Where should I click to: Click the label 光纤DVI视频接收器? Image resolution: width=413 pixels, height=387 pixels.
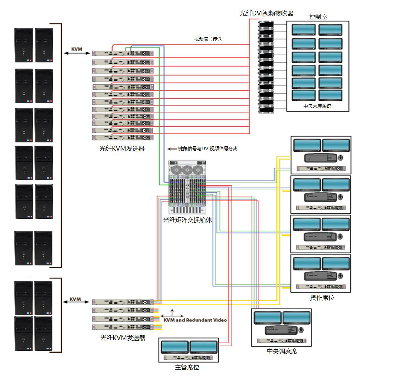[x=266, y=14]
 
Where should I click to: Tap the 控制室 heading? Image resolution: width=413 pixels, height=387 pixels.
[x=318, y=17]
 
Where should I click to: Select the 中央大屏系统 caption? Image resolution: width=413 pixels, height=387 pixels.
[x=317, y=106]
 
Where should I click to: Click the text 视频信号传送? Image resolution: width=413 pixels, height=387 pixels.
[x=208, y=39]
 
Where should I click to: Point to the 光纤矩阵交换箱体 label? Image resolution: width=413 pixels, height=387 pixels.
[x=187, y=220]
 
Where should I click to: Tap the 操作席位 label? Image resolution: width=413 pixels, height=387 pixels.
[x=322, y=298]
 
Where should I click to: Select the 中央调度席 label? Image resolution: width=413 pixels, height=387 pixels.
[x=282, y=351]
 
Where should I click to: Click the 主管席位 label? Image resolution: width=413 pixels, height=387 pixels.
[x=187, y=368]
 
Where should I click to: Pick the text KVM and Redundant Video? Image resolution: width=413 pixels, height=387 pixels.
[x=195, y=320]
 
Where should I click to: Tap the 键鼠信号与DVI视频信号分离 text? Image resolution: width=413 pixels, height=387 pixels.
[x=208, y=148]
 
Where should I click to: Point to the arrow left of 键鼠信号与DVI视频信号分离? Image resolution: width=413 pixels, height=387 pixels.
[x=172, y=148]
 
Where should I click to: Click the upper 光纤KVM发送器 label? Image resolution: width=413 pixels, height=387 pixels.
[x=122, y=148]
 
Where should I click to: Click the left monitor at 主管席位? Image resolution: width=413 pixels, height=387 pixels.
[x=175, y=347]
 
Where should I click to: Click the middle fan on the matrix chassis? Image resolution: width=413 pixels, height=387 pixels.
[x=187, y=170]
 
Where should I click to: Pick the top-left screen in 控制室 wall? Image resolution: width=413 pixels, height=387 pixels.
[x=304, y=30]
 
